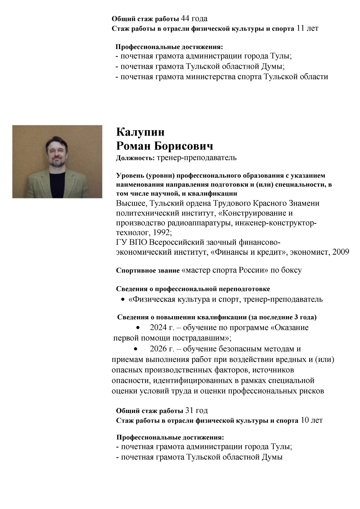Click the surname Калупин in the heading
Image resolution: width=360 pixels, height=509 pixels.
click(x=140, y=132)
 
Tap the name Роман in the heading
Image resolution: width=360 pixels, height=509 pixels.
click(x=133, y=146)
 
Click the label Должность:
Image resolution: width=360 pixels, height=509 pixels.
click(x=135, y=158)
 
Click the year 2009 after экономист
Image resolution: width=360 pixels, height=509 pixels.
click(x=341, y=252)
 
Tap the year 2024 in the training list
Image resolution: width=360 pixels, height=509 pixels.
click(x=158, y=327)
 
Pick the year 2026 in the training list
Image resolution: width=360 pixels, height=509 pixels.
click(x=158, y=349)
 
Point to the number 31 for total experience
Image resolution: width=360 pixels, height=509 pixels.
click(x=189, y=410)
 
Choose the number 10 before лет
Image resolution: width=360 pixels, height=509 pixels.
click(x=305, y=420)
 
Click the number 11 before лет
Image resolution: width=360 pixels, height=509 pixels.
click(x=301, y=28)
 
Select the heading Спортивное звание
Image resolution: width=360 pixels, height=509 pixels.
click(x=148, y=271)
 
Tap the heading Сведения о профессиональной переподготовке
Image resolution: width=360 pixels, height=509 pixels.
click(x=193, y=289)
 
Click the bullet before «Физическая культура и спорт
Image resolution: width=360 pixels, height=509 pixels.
click(x=123, y=299)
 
